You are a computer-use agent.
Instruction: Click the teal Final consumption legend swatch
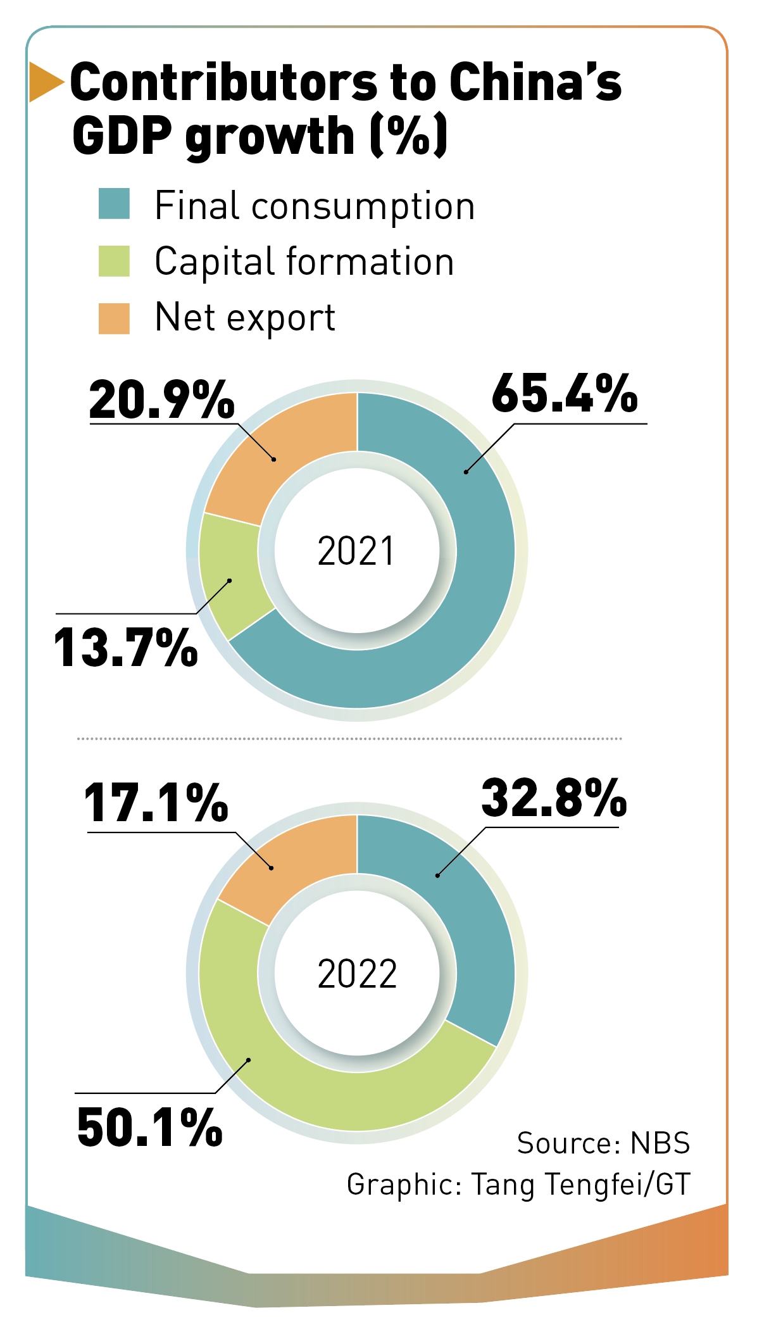pyautogui.click(x=114, y=204)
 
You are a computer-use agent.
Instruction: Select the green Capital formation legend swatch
pyautogui.click(x=114, y=261)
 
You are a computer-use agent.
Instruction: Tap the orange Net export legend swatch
pyautogui.click(x=114, y=318)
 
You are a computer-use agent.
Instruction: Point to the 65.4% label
pyautogui.click(x=565, y=394)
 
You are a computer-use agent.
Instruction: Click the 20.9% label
pyautogui.click(x=161, y=400)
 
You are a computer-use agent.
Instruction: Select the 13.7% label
pyautogui.click(x=126, y=648)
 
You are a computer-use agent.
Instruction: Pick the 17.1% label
pyautogui.click(x=156, y=803)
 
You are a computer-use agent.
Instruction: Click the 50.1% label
pyautogui.click(x=149, y=1128)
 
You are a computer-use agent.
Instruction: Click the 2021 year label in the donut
pyautogui.click(x=356, y=551)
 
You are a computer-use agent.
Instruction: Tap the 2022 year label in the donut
pyautogui.click(x=357, y=974)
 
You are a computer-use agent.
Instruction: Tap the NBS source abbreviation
pyautogui.click(x=660, y=1143)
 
